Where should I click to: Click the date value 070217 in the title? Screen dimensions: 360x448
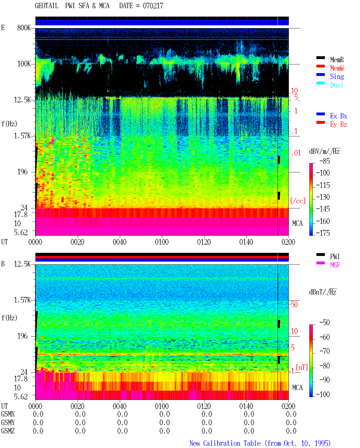(153, 6)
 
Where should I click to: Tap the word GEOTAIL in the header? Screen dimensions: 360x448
(47, 6)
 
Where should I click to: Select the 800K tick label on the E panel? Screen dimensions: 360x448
(24, 28)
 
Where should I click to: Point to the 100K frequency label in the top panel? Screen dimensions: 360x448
(24, 64)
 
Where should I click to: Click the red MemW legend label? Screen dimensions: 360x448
(337, 68)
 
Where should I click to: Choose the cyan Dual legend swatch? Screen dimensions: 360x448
(320, 83)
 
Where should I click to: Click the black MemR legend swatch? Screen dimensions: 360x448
(320, 58)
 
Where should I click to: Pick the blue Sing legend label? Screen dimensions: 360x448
(337, 76)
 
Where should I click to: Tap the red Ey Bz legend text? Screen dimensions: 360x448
(339, 125)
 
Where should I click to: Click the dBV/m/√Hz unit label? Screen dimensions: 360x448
(324, 151)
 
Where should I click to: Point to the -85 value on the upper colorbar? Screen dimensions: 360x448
(325, 161)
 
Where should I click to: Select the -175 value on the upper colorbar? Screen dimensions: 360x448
(323, 233)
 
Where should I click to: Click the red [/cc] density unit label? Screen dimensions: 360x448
(298, 201)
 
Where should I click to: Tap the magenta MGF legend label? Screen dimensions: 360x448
(335, 265)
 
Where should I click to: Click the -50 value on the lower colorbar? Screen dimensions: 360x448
(325, 323)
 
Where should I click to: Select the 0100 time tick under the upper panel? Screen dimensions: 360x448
(162, 242)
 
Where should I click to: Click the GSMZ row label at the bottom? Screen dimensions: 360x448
(8, 431)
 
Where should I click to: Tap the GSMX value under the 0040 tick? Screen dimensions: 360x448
(122, 414)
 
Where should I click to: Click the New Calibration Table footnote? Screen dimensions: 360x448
(260, 443)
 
